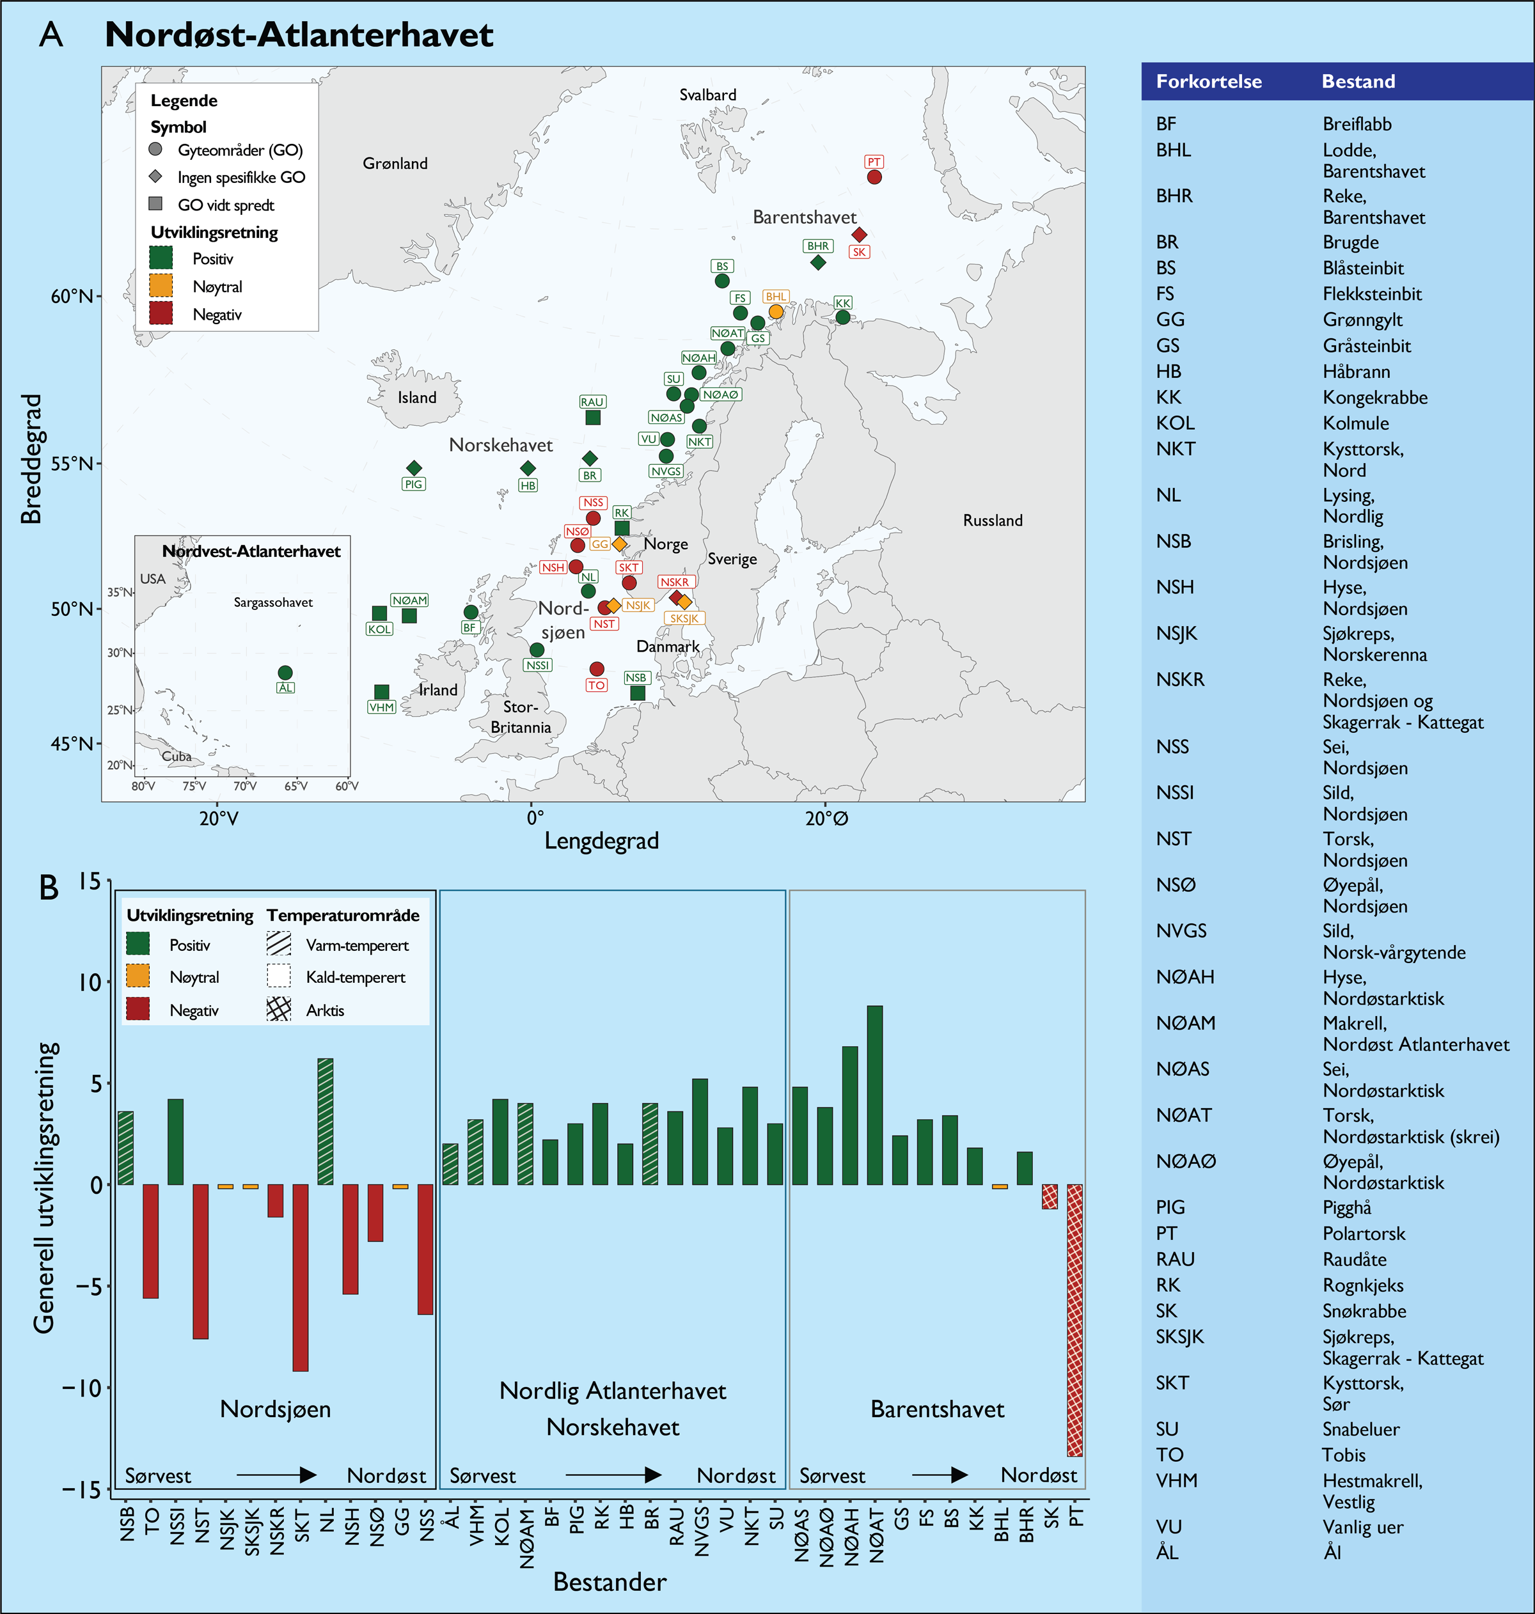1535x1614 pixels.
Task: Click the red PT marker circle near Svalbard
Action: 874,176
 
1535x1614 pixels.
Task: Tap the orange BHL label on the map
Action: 776,296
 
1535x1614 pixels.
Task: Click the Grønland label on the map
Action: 395,164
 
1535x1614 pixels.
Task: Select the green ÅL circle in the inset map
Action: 285,673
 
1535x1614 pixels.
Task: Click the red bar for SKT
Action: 301,1277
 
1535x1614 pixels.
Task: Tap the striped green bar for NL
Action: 325,1121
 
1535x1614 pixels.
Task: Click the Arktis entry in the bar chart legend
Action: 325,1010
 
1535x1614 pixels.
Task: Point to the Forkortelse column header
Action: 1209,82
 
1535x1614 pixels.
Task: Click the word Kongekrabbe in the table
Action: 1374,398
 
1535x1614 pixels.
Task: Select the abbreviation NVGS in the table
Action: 1181,931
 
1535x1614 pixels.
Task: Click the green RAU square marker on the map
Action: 592,417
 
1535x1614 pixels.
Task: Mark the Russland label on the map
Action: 993,521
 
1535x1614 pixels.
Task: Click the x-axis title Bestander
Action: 610,1581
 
